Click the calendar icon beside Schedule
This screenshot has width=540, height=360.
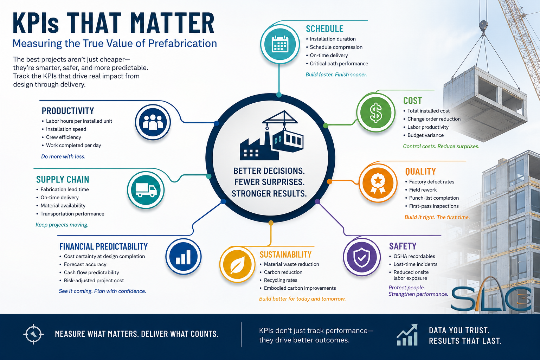click(x=280, y=44)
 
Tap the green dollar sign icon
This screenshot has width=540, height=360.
click(x=376, y=112)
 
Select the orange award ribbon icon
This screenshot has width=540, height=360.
click(x=378, y=183)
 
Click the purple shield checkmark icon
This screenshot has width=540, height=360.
click(x=362, y=257)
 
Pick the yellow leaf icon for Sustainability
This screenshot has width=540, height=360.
click(x=237, y=264)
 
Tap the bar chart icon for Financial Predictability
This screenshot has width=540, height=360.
click(x=184, y=257)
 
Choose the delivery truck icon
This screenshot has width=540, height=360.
click(x=146, y=190)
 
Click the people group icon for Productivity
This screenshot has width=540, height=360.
click(x=153, y=122)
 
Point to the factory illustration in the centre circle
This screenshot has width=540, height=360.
click(x=272, y=135)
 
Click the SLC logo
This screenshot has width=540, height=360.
click(x=491, y=294)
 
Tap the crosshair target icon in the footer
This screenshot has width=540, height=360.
click(x=33, y=334)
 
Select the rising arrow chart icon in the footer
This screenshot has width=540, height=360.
click(x=407, y=335)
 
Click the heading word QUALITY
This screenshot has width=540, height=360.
click(x=420, y=172)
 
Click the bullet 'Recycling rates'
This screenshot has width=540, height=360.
click(x=281, y=280)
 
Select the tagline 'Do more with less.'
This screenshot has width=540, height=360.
click(x=63, y=156)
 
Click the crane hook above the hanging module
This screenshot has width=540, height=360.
click(x=483, y=26)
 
